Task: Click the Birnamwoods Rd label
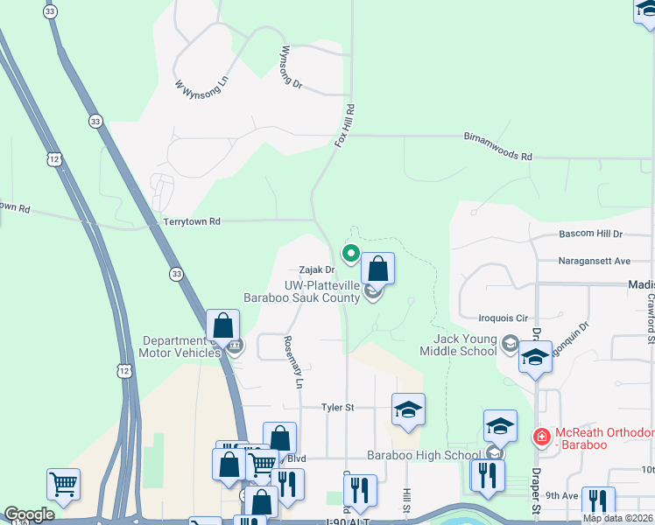click(x=497, y=146)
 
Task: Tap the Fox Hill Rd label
click(x=345, y=125)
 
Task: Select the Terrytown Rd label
click(x=192, y=223)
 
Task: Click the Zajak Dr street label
click(x=316, y=270)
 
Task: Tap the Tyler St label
click(x=337, y=407)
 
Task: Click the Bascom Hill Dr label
click(x=589, y=234)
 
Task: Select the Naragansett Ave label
click(x=595, y=261)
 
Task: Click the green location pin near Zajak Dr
click(x=351, y=254)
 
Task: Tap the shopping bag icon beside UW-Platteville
click(x=377, y=269)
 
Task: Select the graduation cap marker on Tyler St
click(x=408, y=409)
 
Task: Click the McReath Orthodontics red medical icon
click(x=541, y=435)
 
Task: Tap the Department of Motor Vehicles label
click(x=182, y=346)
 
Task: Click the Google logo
click(x=29, y=514)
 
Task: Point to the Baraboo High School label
click(x=424, y=455)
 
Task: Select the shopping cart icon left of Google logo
click(x=63, y=482)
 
